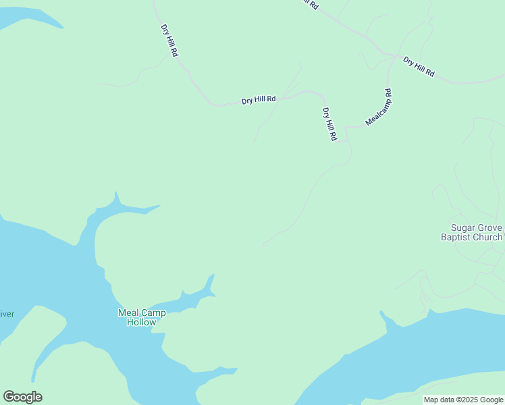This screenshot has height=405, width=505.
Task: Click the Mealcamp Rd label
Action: (x=379, y=107)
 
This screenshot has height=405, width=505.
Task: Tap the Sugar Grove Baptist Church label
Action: (x=475, y=232)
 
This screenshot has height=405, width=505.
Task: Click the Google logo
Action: (x=23, y=397)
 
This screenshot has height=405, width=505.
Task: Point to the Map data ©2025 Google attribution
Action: (x=463, y=400)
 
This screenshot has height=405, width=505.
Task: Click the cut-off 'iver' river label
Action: (x=7, y=314)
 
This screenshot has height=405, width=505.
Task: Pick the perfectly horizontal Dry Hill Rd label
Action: (x=259, y=100)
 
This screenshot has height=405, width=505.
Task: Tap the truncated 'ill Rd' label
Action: (x=309, y=4)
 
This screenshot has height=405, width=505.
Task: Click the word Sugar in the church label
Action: (x=463, y=227)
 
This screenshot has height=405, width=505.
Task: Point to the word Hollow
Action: (x=142, y=322)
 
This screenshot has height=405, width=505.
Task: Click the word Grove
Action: (x=491, y=227)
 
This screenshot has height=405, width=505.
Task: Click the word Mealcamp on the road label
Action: (x=376, y=112)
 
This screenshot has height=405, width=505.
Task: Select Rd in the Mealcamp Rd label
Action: (x=388, y=92)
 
